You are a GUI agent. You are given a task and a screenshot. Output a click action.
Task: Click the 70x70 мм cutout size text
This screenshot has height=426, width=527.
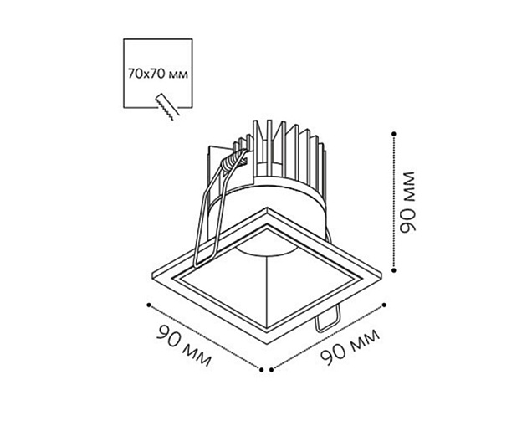(157, 74)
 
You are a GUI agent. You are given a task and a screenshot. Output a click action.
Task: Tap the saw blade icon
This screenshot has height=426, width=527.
(167, 106)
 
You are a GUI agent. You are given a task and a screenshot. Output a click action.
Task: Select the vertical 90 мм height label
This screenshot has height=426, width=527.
(407, 202)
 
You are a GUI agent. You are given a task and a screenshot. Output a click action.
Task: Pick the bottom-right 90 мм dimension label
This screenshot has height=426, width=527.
(350, 347)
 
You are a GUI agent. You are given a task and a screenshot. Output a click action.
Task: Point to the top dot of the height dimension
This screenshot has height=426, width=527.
(394, 134)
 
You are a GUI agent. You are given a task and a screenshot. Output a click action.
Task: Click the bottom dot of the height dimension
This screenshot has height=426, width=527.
(394, 269)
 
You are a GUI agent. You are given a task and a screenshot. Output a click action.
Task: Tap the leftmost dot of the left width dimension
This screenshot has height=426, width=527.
(149, 305)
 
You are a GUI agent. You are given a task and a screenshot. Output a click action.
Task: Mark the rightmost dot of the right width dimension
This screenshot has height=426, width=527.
(384, 305)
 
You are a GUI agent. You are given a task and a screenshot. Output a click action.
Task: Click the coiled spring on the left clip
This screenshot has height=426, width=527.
(233, 160)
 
